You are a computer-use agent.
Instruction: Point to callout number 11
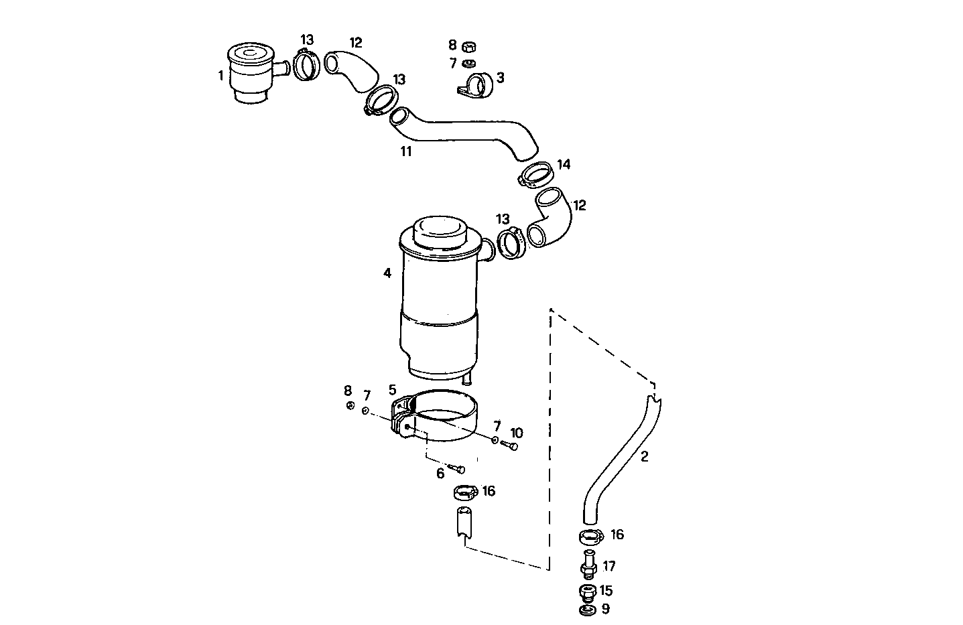[x=406, y=151]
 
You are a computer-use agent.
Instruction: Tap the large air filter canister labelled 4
[x=439, y=301]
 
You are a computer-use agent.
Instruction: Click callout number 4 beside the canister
[x=387, y=273]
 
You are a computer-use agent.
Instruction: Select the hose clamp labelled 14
[x=536, y=176]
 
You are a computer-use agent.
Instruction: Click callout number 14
[x=564, y=164]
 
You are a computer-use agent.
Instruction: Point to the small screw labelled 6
[x=458, y=468]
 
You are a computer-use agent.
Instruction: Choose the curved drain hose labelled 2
[x=620, y=462]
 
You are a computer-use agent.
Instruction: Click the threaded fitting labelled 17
[x=588, y=565]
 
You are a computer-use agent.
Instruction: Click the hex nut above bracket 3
[x=469, y=46]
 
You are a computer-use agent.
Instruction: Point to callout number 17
[x=609, y=567]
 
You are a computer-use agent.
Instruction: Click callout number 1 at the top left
[x=220, y=76]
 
